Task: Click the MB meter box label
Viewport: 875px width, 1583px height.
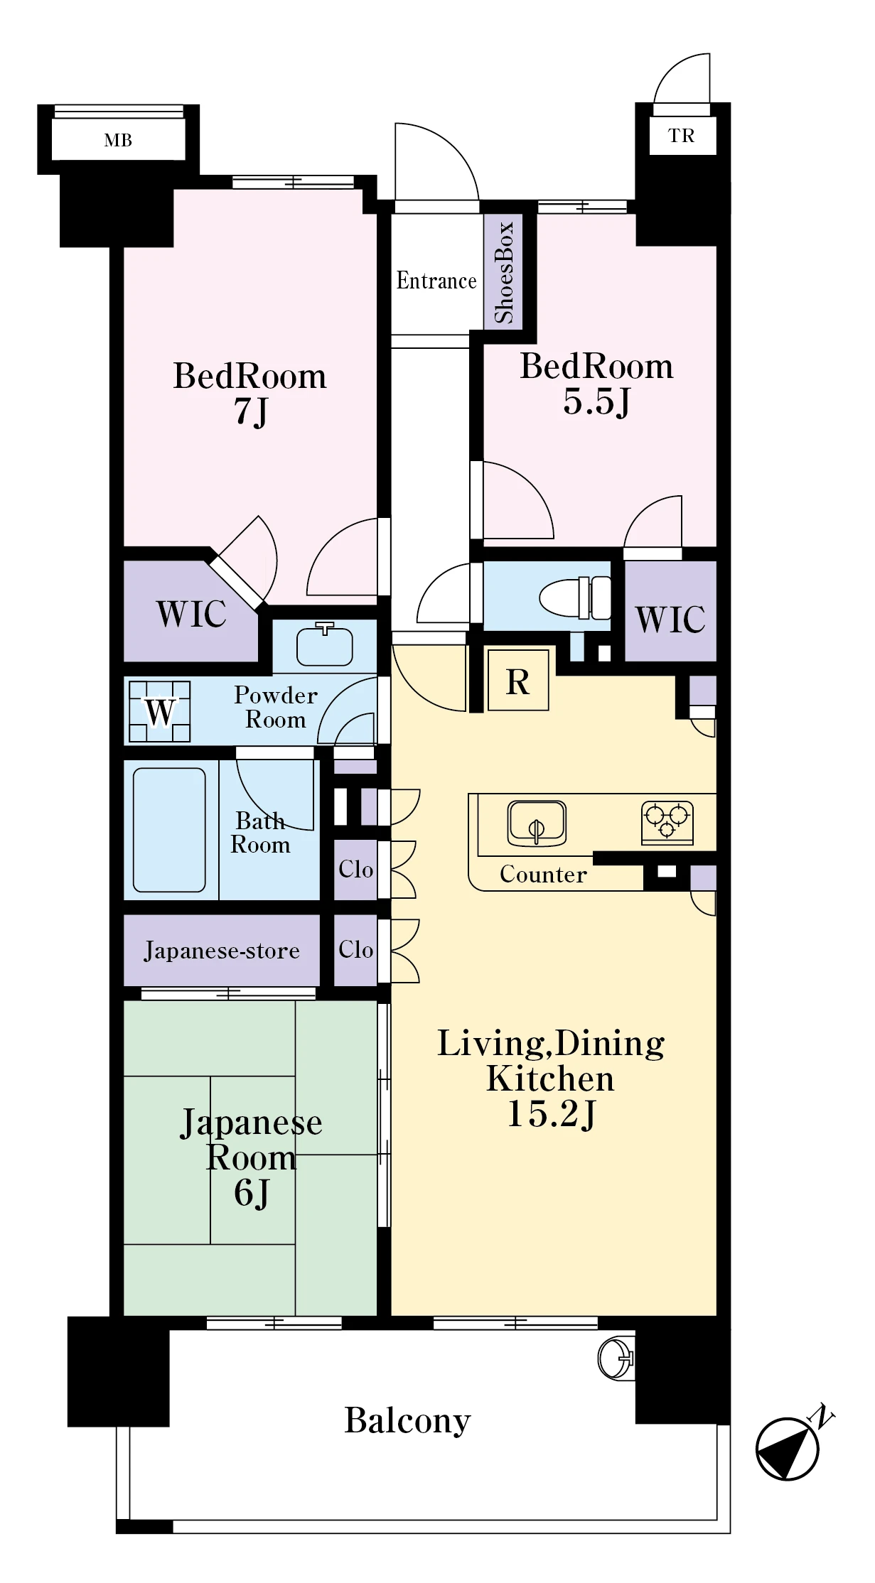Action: click(118, 141)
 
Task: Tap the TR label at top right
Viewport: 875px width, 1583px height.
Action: click(681, 136)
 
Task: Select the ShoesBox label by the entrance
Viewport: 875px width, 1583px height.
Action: click(503, 272)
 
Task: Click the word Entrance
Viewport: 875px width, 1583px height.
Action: click(436, 281)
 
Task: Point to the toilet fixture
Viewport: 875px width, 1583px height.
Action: click(575, 597)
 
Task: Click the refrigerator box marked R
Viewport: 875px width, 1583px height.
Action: click(518, 680)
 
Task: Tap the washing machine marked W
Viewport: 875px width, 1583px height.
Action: click(160, 711)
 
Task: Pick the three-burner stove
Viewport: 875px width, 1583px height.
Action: click(667, 822)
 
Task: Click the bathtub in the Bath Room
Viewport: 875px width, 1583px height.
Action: click(170, 830)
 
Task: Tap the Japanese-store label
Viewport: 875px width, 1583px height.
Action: click(222, 951)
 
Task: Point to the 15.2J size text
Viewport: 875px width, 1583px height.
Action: click(552, 1115)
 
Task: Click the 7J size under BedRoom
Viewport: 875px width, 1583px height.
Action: click(251, 411)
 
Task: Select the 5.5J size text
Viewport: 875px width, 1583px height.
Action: click(596, 401)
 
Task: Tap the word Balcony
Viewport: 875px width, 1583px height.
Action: click(408, 1421)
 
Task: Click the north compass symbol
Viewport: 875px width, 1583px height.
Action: click(789, 1447)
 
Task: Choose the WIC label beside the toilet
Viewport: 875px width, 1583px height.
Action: click(670, 620)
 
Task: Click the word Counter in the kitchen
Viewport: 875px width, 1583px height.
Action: click(544, 874)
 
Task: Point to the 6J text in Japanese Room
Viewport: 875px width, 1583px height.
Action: click(252, 1193)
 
